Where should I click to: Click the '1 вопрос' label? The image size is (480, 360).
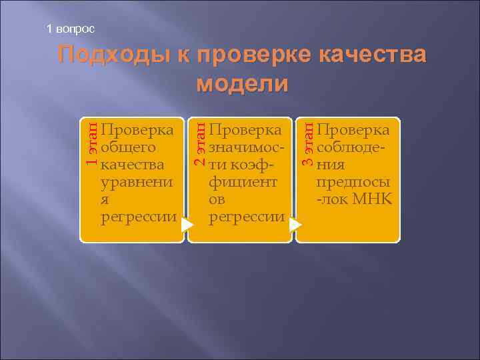(x=71, y=29)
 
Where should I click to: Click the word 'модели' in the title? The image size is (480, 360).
(x=243, y=84)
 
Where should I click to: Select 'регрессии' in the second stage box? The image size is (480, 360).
(x=247, y=217)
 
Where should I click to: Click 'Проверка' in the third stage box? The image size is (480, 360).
(x=354, y=128)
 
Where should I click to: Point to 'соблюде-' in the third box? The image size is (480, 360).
(x=353, y=146)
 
